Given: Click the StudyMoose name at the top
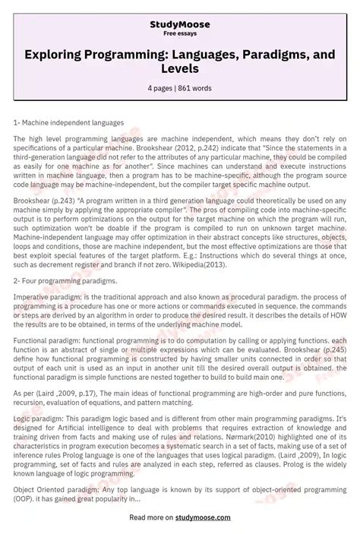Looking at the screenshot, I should coord(180,24).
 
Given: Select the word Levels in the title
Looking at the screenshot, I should coord(180,68).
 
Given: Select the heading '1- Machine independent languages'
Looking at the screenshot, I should coord(68,122).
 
